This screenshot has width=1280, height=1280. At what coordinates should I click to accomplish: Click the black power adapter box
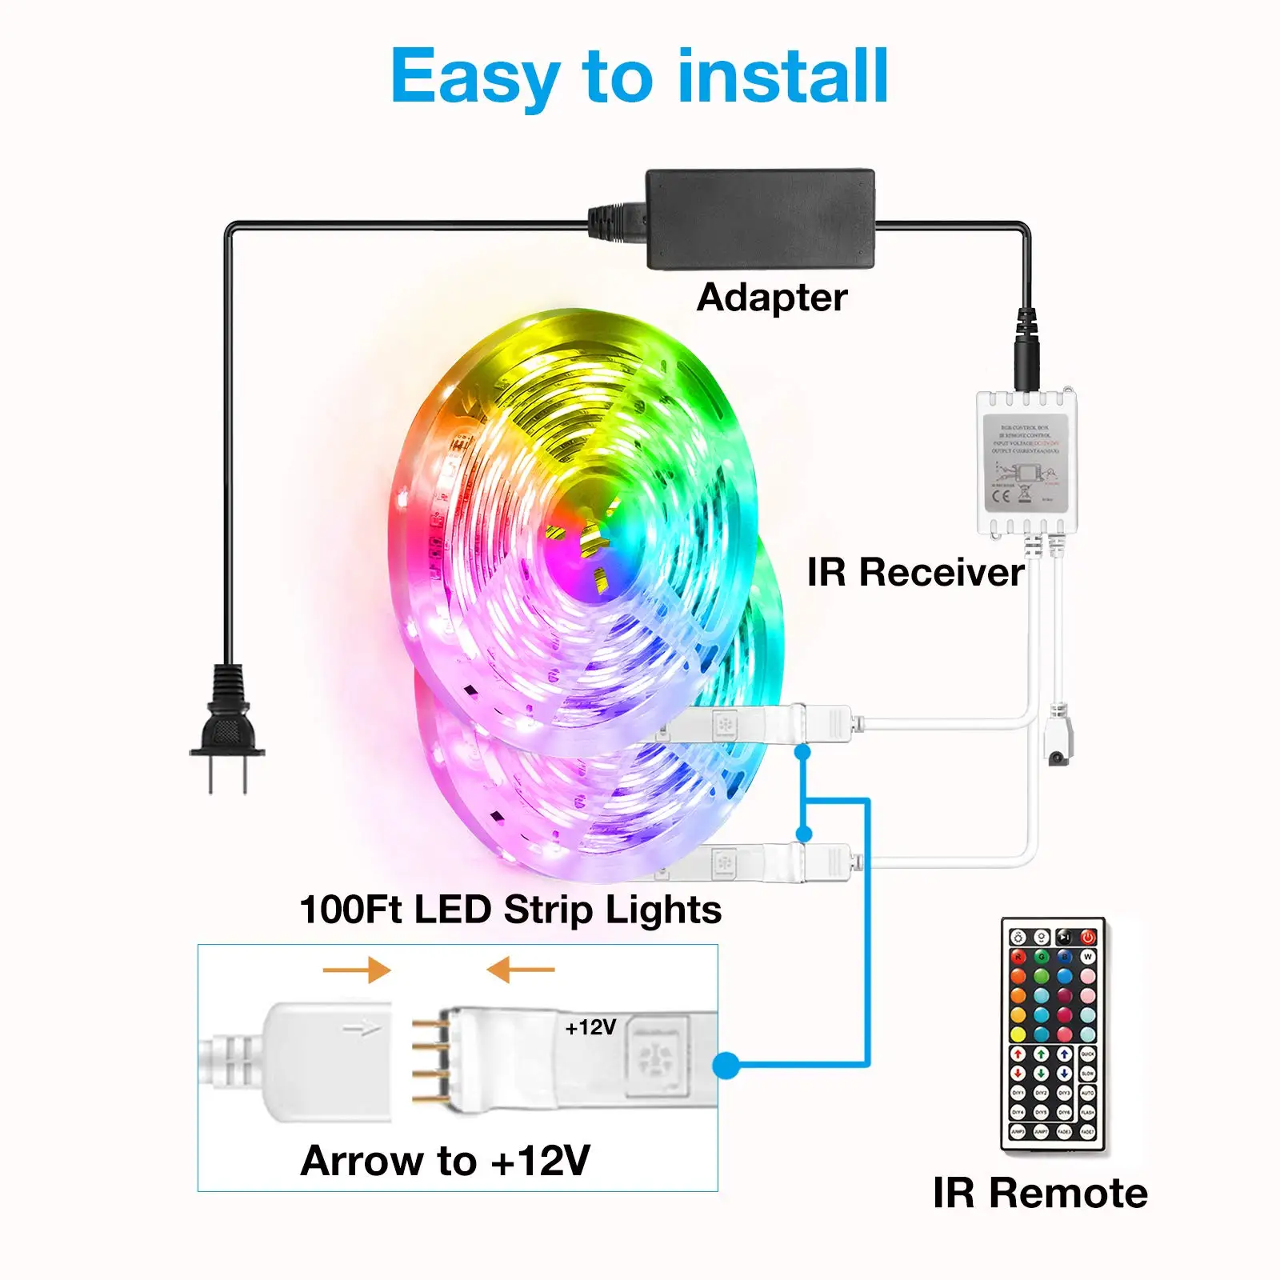click(x=760, y=218)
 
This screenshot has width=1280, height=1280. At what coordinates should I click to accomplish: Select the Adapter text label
click(x=771, y=298)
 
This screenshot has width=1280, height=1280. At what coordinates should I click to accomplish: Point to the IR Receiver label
click(x=914, y=573)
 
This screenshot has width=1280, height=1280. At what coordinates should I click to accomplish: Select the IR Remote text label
click(x=1040, y=1193)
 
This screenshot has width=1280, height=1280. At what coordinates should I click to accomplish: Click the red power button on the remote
click(x=1088, y=937)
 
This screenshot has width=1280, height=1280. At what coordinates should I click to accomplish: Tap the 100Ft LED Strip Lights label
click(x=510, y=910)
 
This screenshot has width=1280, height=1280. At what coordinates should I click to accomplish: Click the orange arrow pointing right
click(x=357, y=970)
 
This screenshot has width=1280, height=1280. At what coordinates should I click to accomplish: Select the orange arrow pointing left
click(x=520, y=970)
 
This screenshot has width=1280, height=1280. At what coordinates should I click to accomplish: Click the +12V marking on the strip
click(x=590, y=1027)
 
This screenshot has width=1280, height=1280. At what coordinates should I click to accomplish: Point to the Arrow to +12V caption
click(x=446, y=1161)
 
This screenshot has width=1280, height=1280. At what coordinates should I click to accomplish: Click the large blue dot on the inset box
click(x=726, y=1065)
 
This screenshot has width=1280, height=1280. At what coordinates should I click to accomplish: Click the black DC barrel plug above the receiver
click(x=1026, y=352)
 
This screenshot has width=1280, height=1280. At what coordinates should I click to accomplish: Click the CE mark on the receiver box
click(x=1001, y=496)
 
